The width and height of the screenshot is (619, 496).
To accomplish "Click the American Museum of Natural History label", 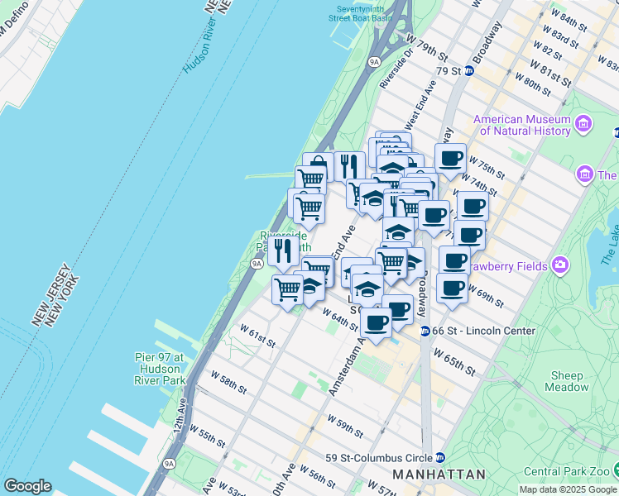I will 522,125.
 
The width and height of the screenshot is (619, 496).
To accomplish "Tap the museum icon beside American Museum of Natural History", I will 585,125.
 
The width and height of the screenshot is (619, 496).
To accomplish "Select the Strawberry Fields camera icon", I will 561,265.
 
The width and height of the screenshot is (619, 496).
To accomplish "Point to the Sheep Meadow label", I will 568,381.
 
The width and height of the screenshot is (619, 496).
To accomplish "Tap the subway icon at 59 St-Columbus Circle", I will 440,457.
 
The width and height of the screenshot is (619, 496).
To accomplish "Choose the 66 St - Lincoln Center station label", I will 477,331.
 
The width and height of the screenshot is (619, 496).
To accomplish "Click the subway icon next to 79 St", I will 468,70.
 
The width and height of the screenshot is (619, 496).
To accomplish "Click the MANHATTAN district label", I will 439,475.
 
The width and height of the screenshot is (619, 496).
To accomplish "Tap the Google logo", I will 27,485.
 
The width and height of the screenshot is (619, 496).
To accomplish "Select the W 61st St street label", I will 257,335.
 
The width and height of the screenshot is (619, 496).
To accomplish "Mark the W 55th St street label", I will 207,436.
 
